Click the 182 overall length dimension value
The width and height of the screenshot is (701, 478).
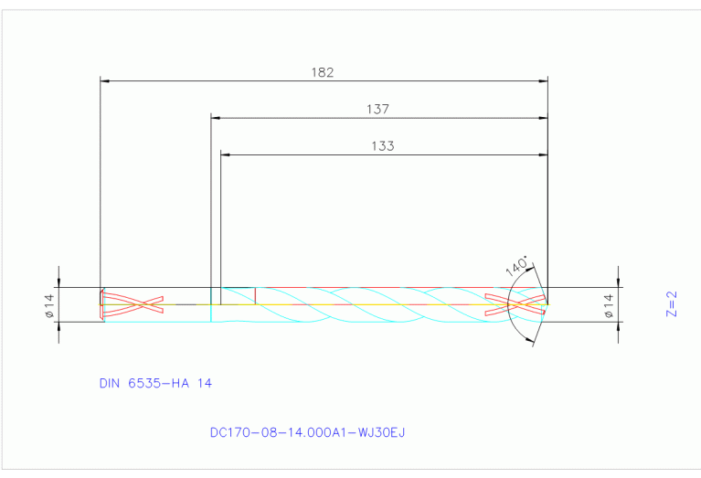(323, 71)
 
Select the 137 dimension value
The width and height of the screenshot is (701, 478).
(378, 109)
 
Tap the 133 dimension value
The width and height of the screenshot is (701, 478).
(383, 145)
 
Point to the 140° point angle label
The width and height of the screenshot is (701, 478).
(516, 266)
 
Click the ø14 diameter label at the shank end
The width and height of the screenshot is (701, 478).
(49, 304)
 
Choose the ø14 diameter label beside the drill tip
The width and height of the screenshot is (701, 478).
(608, 304)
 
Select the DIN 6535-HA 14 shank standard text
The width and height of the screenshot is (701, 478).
(155, 384)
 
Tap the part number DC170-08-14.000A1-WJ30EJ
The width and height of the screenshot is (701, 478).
(306, 431)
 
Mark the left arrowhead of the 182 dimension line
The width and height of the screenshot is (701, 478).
(103, 81)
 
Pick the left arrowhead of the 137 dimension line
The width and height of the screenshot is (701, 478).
(216, 118)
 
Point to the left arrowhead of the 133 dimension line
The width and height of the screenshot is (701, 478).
(226, 154)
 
